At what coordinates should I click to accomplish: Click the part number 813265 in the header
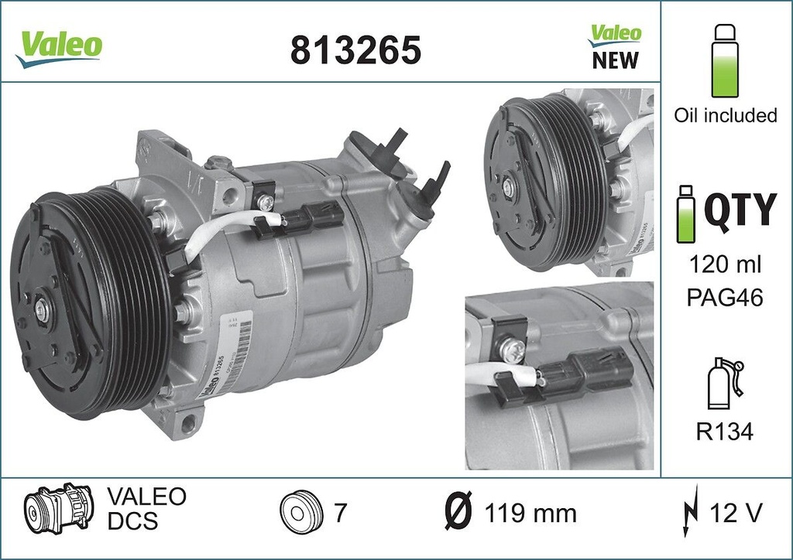point(355,50)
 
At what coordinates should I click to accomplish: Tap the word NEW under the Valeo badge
point(616,60)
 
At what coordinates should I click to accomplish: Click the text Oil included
point(725,115)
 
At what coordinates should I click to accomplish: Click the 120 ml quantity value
point(726,265)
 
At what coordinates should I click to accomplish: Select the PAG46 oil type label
point(726,298)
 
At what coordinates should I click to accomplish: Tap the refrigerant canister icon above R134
point(723,385)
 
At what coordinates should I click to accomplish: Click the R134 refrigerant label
point(725,432)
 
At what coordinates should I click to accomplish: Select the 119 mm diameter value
point(530,513)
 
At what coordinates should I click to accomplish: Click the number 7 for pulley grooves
point(339,512)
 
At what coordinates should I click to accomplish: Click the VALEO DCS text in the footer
point(145,508)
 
